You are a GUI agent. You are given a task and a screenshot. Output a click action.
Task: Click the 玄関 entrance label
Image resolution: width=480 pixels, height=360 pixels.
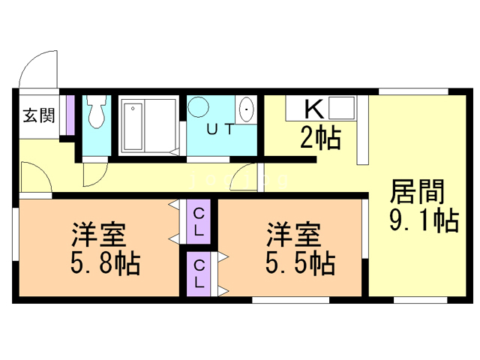point(37,115)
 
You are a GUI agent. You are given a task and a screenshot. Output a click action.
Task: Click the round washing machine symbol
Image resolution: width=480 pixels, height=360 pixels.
point(199,108)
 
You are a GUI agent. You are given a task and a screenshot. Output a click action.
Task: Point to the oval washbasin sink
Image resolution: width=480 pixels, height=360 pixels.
point(247,110)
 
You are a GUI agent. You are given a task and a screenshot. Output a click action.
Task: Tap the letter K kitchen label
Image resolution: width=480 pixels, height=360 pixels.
point(313,109)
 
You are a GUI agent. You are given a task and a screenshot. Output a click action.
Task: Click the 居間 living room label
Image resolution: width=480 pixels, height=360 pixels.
point(417,191)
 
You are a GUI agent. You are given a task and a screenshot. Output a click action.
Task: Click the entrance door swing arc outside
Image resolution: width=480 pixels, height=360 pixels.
point(35,70)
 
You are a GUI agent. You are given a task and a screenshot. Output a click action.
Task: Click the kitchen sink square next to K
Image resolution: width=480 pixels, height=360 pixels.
point(342,110)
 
